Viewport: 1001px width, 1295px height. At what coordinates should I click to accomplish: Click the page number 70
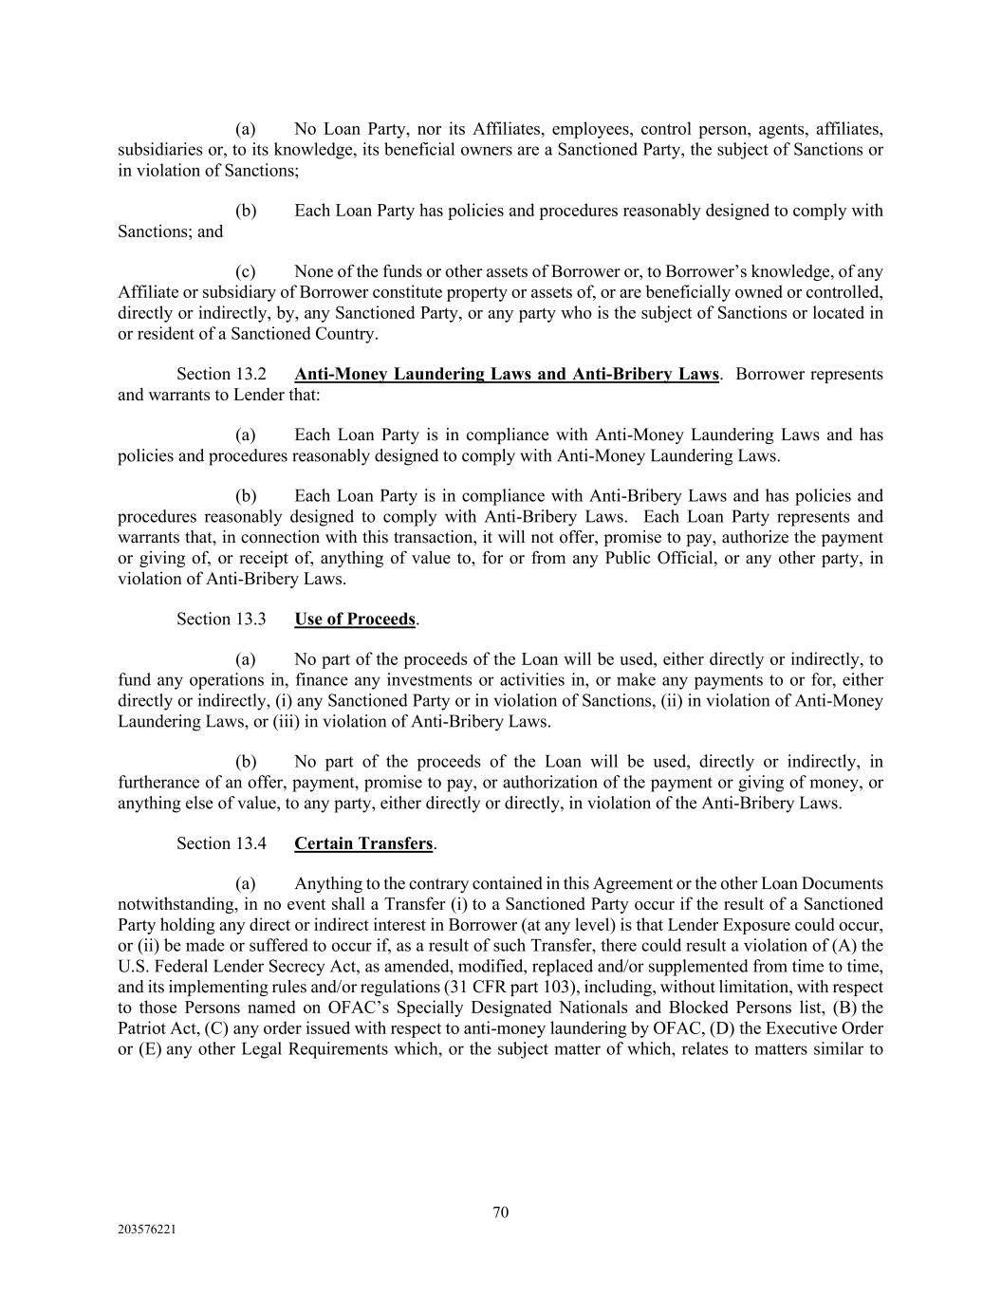501,1212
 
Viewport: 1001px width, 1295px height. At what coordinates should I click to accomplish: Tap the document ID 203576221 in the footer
146,1229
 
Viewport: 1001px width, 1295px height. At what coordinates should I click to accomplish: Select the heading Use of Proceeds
355,620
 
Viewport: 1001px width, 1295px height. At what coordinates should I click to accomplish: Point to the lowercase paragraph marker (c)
246,272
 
